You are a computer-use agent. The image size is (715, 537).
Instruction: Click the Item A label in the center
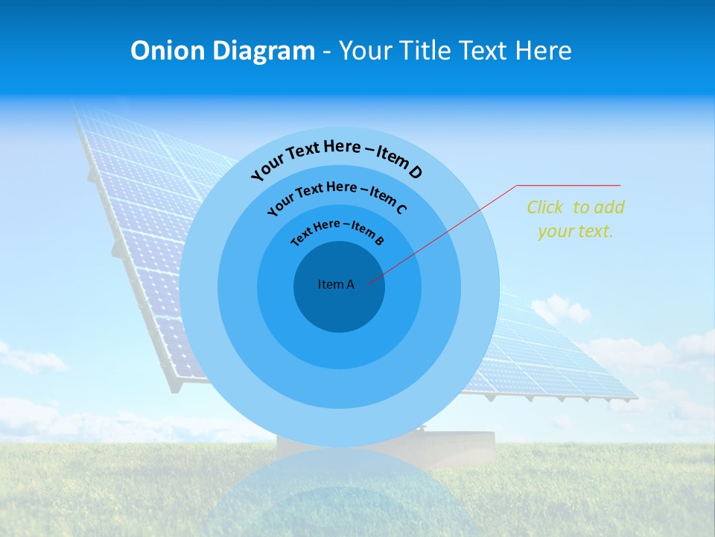(x=336, y=284)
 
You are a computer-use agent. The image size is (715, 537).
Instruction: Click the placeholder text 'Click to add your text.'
(x=575, y=219)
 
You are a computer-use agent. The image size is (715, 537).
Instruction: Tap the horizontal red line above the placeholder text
(x=568, y=185)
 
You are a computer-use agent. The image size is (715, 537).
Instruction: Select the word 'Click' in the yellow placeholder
(x=544, y=207)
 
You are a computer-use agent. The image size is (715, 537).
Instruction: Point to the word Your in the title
(x=368, y=51)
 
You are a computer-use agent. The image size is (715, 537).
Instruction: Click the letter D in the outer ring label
(x=415, y=173)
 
